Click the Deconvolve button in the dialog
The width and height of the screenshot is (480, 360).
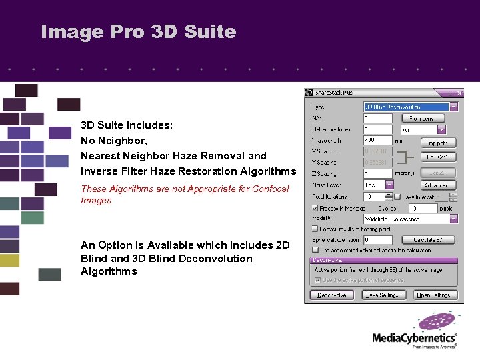(331, 295)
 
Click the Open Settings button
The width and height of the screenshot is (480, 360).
(435, 295)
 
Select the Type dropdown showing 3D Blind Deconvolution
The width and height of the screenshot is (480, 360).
(410, 107)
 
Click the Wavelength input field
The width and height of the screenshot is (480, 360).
(377, 141)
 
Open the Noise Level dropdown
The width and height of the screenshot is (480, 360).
(382, 185)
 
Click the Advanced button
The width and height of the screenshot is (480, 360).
(438, 185)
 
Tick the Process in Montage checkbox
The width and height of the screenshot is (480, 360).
(315, 208)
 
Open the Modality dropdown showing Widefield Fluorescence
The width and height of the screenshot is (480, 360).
(410, 219)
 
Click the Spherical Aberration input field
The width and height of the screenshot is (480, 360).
(377, 240)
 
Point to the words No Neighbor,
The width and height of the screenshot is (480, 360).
(114, 141)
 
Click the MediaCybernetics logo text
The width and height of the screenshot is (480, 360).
(414, 338)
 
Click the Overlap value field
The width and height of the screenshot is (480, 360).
(423, 208)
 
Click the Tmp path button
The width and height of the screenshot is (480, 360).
(438, 142)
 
